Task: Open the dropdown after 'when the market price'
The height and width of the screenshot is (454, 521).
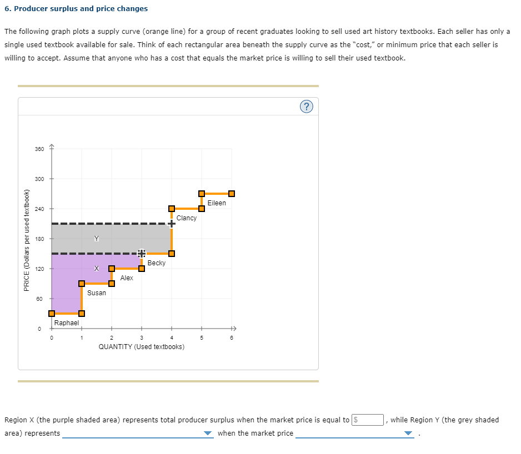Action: tap(355, 433)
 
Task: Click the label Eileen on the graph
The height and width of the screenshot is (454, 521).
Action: tap(217, 203)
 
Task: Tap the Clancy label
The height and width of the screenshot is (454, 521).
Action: tap(187, 218)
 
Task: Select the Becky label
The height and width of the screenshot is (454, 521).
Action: tap(157, 263)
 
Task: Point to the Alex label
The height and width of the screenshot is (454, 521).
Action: tap(127, 278)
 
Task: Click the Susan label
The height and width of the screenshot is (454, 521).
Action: tap(97, 293)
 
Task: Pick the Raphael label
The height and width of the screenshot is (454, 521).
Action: tap(67, 322)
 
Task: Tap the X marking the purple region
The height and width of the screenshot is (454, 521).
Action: tap(97, 269)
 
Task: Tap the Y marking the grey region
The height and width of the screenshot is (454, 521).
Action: tap(97, 239)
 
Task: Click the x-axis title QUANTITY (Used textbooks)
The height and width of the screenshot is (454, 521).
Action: tap(142, 347)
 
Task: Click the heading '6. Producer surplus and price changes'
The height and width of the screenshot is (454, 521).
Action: tap(76, 8)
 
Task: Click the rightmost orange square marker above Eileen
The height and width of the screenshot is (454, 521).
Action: tap(232, 194)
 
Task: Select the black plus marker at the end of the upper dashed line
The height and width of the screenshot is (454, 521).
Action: tap(172, 224)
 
